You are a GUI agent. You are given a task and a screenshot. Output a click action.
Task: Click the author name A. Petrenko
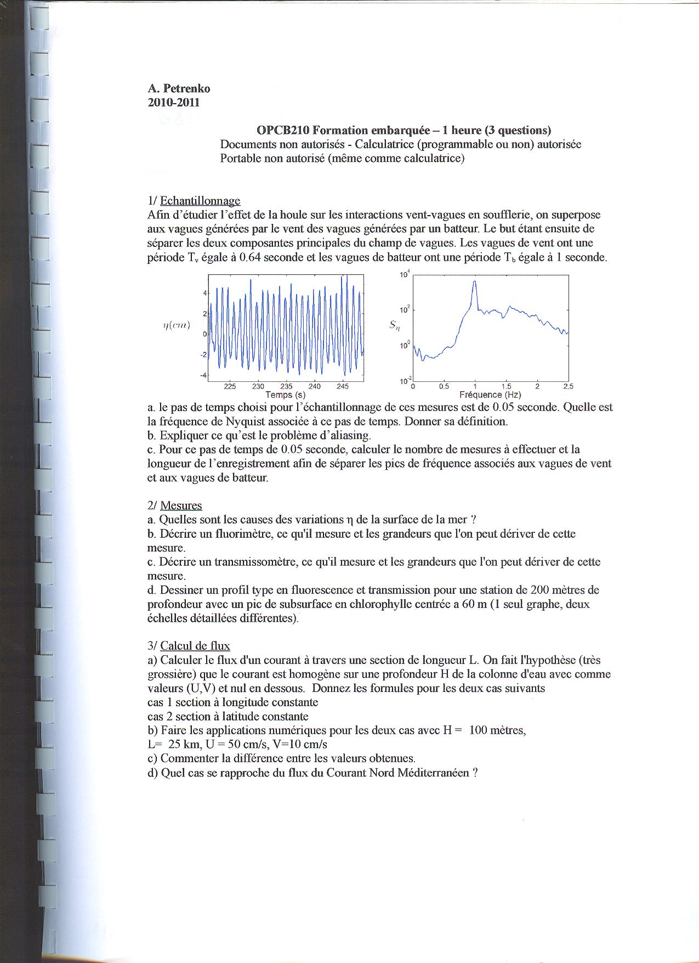pyautogui.click(x=179, y=89)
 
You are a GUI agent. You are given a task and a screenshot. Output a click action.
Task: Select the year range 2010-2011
pyautogui.click(x=173, y=103)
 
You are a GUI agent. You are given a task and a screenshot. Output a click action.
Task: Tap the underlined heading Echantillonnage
pyautogui.click(x=200, y=201)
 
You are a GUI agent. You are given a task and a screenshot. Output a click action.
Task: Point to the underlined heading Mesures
pyautogui.click(x=181, y=505)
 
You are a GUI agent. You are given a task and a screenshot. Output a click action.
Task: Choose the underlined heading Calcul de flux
pyautogui.click(x=195, y=646)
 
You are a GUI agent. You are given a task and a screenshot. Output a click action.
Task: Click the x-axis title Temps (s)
pyautogui.click(x=285, y=395)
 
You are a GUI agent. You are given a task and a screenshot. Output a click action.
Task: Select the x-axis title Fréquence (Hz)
pyautogui.click(x=490, y=395)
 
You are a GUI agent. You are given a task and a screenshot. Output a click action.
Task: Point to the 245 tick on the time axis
pyautogui.click(x=342, y=386)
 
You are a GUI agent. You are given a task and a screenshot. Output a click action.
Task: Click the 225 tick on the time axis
pyautogui.click(x=230, y=386)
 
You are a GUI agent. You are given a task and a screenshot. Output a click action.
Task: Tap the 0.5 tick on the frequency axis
pyautogui.click(x=444, y=386)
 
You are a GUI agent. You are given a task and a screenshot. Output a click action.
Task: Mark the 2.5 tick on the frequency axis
pyautogui.click(x=568, y=386)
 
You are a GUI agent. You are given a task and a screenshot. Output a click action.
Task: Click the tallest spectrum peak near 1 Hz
pyautogui.click(x=475, y=282)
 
